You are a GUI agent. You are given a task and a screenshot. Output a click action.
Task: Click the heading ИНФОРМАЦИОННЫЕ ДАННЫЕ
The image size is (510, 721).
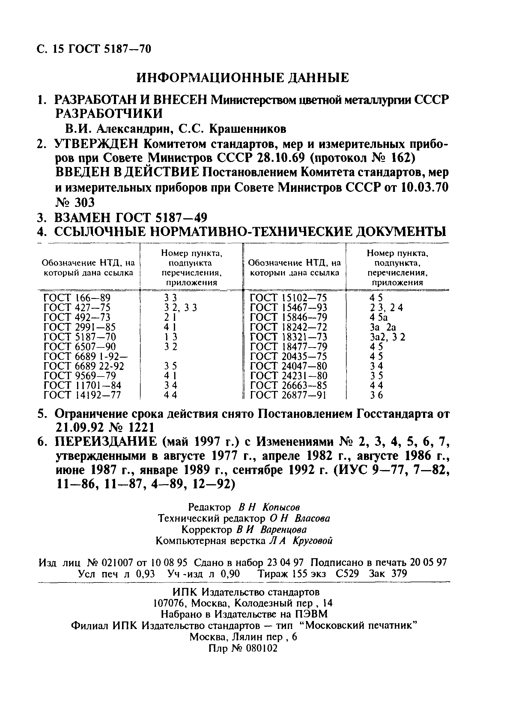(243, 78)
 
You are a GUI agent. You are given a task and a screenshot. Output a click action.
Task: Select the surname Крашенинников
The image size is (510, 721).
(248, 129)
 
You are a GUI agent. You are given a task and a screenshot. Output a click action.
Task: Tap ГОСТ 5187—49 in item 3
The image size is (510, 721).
(162, 218)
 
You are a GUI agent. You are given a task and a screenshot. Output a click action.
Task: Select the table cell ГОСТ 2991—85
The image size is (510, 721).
(80, 327)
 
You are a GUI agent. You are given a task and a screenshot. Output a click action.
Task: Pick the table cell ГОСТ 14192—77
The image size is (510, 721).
(82, 395)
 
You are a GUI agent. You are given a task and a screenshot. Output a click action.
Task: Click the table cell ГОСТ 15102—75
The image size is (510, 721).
(288, 297)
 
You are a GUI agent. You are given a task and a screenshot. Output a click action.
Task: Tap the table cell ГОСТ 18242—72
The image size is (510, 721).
(288, 327)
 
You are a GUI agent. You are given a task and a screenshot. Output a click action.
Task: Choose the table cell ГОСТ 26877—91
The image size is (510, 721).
(288, 395)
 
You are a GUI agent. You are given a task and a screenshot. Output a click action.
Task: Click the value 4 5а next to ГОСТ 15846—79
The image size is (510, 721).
(378, 317)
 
